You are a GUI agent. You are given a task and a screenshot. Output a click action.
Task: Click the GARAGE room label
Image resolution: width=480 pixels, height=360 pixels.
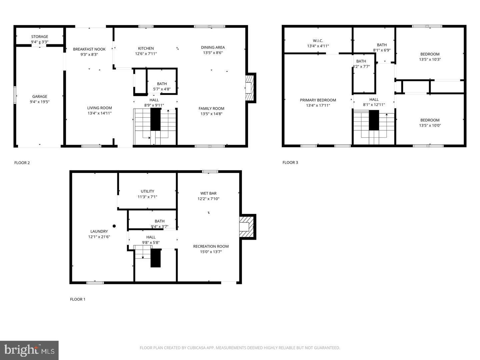coord(40,97)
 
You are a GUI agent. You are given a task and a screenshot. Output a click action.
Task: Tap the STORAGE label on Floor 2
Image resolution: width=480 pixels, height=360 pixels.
coord(40,37)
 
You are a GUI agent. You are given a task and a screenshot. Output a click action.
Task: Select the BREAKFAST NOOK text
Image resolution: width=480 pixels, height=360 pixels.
coord(89,49)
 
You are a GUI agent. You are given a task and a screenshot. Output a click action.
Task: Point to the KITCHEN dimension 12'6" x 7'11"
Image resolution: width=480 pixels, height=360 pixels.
coord(146,54)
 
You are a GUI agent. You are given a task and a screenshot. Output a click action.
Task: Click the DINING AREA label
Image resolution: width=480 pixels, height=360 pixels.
coord(213,47)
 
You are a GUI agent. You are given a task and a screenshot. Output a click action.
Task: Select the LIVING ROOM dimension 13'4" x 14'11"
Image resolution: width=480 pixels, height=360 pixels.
coord(99,113)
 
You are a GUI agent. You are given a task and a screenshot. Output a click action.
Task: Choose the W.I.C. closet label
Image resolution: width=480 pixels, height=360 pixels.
coord(318,41)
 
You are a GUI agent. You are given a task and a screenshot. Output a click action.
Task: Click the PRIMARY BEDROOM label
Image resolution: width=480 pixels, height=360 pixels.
coord(318,100)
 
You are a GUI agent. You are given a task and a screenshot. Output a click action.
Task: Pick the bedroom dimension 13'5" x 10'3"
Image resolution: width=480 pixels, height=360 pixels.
coord(430,60)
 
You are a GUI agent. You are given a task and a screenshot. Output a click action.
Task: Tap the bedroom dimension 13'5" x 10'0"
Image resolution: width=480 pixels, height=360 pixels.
coord(430,126)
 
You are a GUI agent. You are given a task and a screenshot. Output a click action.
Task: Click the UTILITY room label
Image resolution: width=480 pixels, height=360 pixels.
coord(147,191)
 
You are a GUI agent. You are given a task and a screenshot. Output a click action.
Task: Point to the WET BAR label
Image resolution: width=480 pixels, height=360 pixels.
coord(208,193)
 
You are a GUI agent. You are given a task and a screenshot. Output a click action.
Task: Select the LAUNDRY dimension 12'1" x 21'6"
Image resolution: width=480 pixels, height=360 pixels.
coord(99,237)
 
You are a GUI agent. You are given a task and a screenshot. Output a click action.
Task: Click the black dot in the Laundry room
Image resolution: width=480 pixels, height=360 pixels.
coord(114,226)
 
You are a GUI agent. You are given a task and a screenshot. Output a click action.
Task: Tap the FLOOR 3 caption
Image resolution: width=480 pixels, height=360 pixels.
coord(290,163)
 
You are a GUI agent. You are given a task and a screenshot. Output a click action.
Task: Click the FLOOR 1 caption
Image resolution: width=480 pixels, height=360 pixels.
coord(78,299)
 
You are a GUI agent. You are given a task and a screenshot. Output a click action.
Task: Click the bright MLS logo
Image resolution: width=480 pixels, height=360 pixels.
coord(29,350)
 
